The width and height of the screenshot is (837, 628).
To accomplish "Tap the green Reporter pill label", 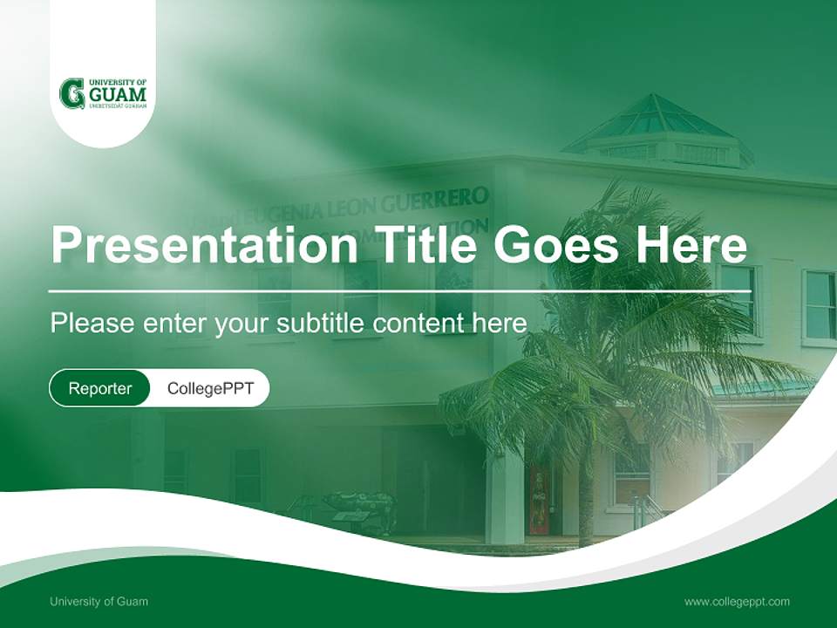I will coord(100,388).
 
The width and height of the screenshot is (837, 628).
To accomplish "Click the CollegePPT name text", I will coord(210,388).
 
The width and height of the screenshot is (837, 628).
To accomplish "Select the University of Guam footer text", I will coord(99,601).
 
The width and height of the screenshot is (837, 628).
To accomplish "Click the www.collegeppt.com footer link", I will coord(737,601).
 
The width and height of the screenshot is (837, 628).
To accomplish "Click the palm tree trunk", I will coord(586,488).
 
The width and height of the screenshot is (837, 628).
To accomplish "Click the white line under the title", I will coord(397,290).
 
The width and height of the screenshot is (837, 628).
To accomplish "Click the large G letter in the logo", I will coord(71,93).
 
